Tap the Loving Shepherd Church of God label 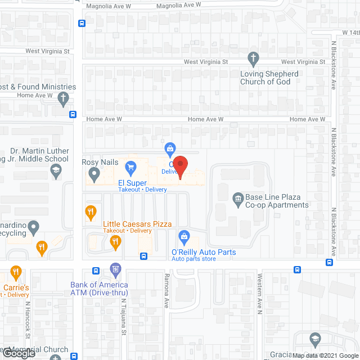tap(269, 78)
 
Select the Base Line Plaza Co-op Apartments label tap(277, 201)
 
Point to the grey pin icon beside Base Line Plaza tap(238, 197)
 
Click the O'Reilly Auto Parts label tap(203, 253)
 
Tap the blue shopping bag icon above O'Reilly tap(183, 236)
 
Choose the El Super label tap(132, 183)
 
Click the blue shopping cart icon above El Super tap(130, 166)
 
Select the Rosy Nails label tap(101, 163)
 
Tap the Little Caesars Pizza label tap(137, 224)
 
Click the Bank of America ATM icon tap(115, 269)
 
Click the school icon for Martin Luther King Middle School tap(55, 172)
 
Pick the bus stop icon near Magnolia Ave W tap(82, 24)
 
